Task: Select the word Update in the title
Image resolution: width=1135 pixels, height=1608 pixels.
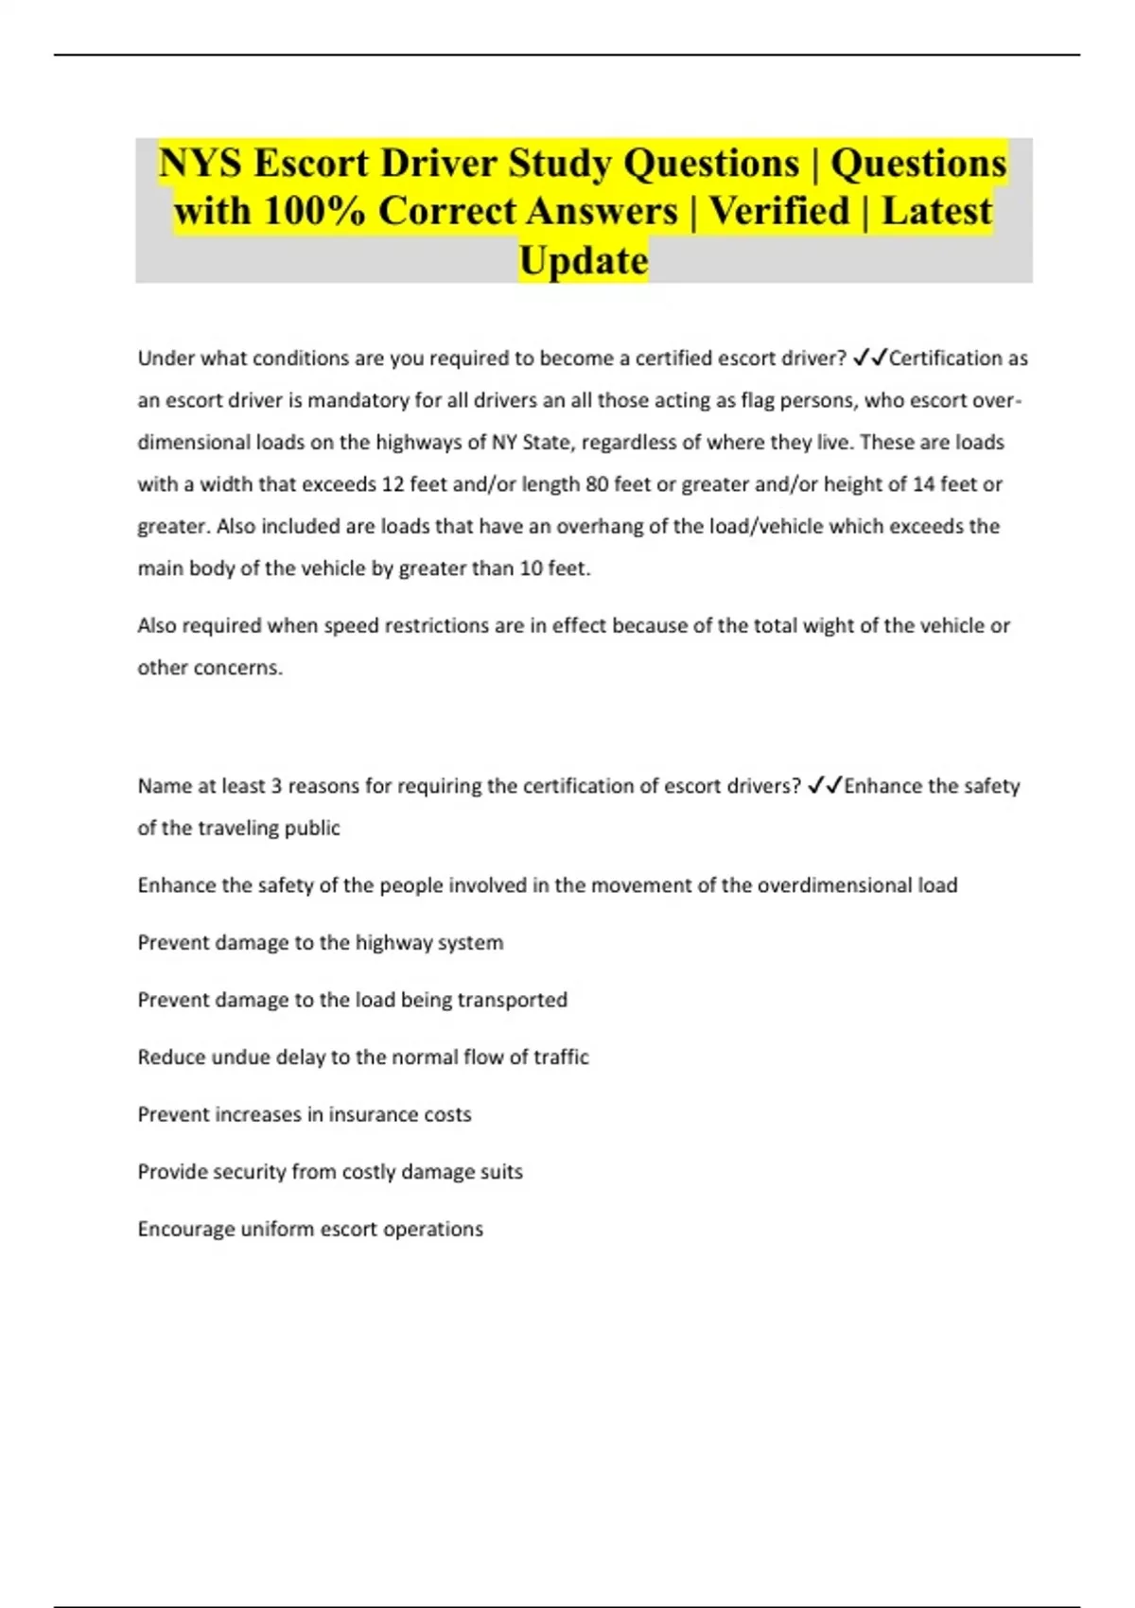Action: click(x=584, y=261)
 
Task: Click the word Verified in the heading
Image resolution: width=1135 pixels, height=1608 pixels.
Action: click(x=779, y=211)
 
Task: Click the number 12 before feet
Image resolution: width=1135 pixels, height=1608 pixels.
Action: click(x=393, y=484)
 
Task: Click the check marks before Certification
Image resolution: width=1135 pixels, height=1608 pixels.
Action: click(x=869, y=358)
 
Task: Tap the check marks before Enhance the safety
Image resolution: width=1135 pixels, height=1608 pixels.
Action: click(x=824, y=786)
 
